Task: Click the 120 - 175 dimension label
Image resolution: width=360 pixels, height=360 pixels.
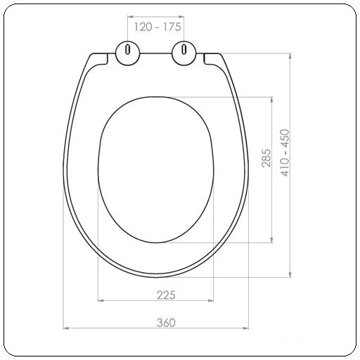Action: pyautogui.click(x=157, y=27)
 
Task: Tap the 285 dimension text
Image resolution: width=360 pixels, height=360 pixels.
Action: pyautogui.click(x=266, y=158)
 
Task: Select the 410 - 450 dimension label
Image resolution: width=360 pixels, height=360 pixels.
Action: pyautogui.click(x=285, y=153)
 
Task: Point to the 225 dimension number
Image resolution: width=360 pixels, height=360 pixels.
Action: pyautogui.click(x=166, y=295)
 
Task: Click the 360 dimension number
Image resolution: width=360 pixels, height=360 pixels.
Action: pyautogui.click(x=166, y=323)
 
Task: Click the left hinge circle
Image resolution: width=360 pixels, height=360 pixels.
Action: pyautogui.click(x=128, y=53)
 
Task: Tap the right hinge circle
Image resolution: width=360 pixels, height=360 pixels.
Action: pyautogui.click(x=184, y=53)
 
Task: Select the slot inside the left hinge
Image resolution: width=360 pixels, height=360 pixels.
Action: pyautogui.click(x=127, y=49)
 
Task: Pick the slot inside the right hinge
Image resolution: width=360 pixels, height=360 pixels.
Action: pyautogui.click(x=184, y=49)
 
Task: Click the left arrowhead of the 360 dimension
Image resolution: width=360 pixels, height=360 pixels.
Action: pyautogui.click(x=66, y=328)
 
